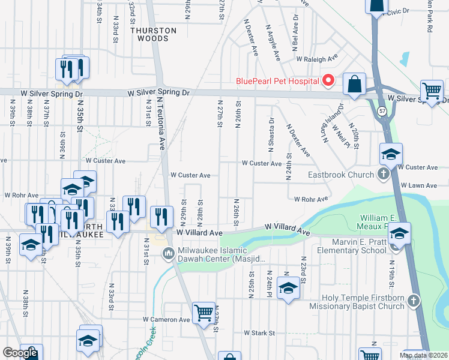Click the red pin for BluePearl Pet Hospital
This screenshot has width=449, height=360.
[328, 80]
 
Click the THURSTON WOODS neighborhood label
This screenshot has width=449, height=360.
[154, 34]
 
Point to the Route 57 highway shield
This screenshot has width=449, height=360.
[382, 111]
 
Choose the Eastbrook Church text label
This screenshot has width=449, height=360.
[343, 175]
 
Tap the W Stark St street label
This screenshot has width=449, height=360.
[259, 332]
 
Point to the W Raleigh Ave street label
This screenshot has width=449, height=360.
[316, 59]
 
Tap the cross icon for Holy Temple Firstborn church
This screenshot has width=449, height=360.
[413, 301]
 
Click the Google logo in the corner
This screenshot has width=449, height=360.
[20, 353]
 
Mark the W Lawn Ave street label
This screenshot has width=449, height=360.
[419, 186]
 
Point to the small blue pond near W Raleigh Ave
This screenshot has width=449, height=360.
[404, 59]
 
